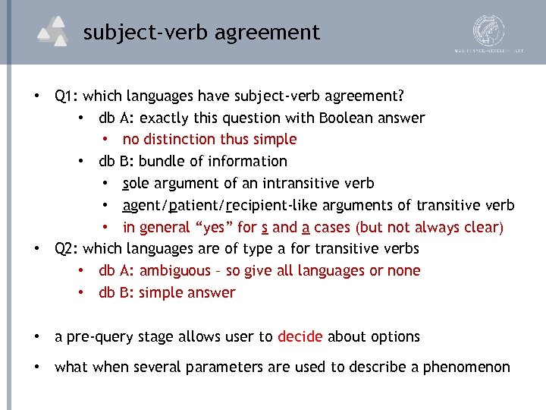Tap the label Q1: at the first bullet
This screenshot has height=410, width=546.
point(67,96)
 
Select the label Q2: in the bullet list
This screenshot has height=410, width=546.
point(67,248)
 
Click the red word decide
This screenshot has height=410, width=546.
point(300,336)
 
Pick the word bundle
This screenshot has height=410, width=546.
point(162,161)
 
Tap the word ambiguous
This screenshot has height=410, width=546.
point(175,270)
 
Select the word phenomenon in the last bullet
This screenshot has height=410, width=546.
point(466,367)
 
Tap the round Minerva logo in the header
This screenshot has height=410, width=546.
point(488,30)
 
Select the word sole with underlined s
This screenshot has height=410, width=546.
point(136,183)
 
